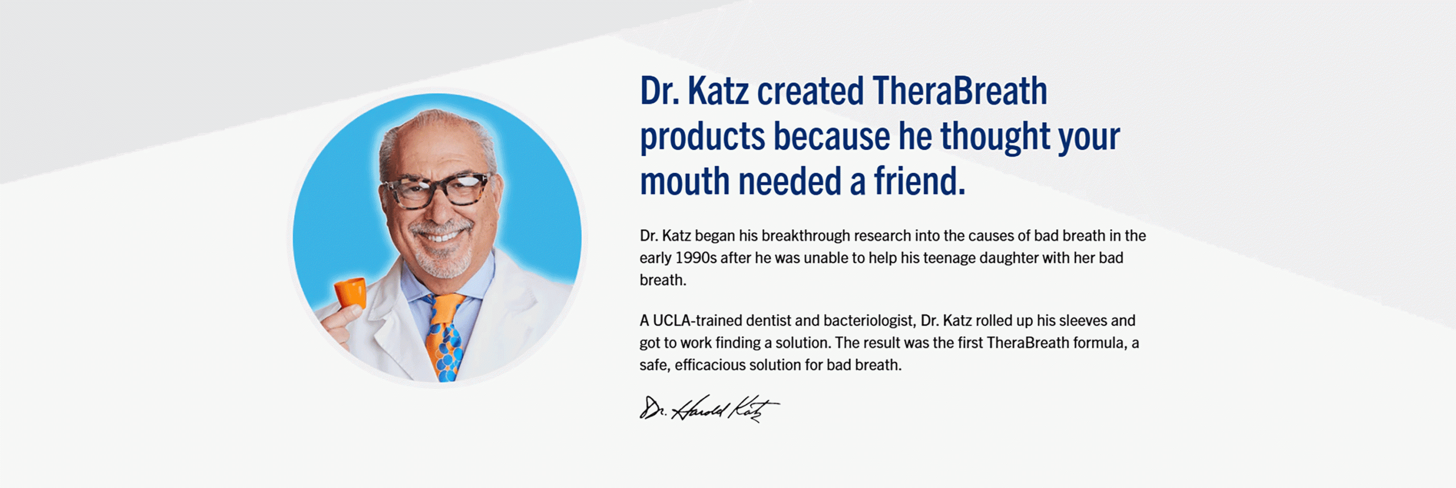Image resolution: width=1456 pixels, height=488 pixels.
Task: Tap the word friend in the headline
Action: click(919, 181)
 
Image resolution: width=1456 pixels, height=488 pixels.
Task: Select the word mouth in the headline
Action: click(685, 181)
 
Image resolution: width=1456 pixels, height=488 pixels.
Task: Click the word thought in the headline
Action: click(995, 137)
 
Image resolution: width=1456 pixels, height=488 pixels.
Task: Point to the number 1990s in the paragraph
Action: click(696, 258)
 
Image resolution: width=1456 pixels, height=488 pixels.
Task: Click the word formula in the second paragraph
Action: click(1099, 342)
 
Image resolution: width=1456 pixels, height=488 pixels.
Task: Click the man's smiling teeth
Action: click(440, 235)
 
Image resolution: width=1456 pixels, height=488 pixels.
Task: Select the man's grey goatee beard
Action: click(442, 256)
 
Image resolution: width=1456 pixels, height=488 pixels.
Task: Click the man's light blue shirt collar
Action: click(441, 279)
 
